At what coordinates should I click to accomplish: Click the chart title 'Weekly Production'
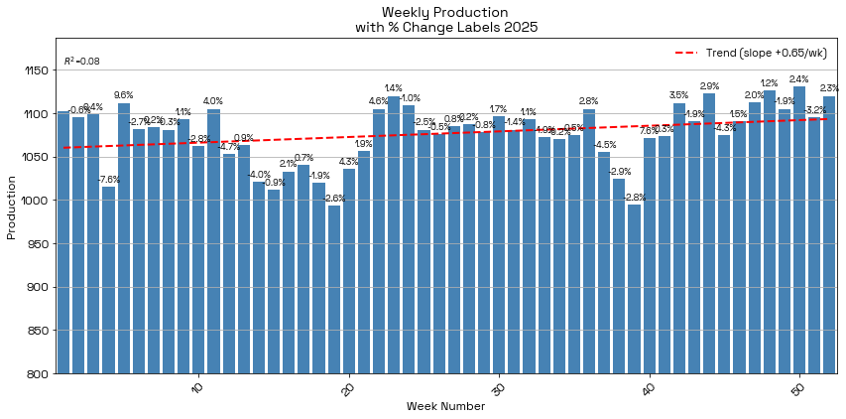point(445,11)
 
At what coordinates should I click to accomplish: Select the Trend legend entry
point(753,52)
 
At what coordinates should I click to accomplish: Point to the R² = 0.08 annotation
point(81,62)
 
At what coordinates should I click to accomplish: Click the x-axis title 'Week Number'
point(445,406)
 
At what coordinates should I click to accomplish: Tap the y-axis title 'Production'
point(12,207)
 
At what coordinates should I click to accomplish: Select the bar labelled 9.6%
point(124,238)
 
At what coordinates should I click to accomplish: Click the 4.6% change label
point(378,101)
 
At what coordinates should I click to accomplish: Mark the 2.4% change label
point(798,79)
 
